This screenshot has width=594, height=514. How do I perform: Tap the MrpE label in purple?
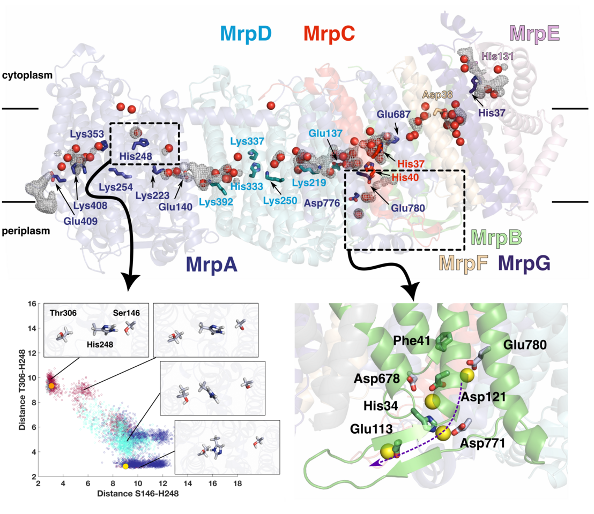click(x=535, y=34)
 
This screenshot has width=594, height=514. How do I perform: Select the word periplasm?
click(x=26, y=232)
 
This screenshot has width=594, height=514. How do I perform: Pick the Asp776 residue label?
click(x=320, y=203)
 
